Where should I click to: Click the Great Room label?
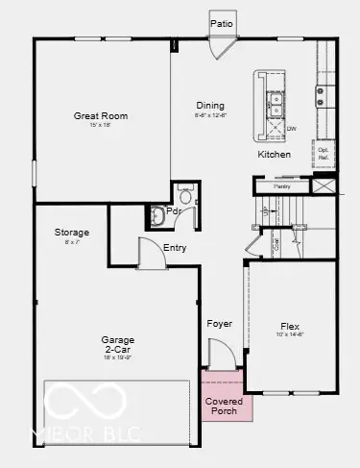101,116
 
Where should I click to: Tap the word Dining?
210,106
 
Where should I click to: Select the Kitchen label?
274,155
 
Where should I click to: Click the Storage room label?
71,233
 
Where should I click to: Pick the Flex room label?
290,326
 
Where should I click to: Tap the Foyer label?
220,324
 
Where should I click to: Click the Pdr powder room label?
174,211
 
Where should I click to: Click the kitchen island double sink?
275,98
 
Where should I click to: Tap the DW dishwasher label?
291,128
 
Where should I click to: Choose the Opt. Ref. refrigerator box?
324,153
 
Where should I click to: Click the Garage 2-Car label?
119,344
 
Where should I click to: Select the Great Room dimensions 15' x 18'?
101,126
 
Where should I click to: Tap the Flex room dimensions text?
290,335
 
